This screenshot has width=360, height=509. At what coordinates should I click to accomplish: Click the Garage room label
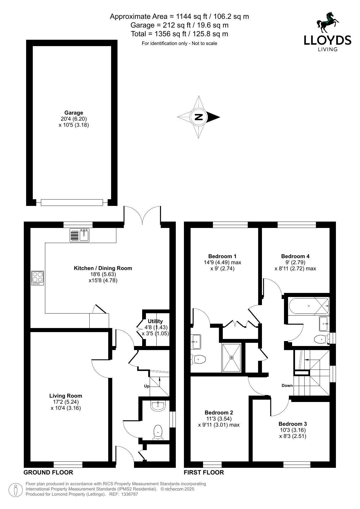point(74,113)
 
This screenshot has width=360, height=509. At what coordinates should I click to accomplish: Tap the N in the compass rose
point(198,117)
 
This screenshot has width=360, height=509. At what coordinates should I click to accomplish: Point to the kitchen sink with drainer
point(80,235)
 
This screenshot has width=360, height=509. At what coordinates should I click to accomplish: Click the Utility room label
point(155,321)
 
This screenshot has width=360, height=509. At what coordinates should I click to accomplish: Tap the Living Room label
point(66,396)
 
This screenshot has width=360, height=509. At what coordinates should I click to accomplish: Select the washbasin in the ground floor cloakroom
point(158,405)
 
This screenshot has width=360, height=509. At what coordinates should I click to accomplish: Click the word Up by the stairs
point(147,386)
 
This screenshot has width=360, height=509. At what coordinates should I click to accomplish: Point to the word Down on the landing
point(287,385)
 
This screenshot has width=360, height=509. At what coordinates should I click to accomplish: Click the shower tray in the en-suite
point(231,357)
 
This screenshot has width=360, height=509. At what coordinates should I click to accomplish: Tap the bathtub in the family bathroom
point(309,306)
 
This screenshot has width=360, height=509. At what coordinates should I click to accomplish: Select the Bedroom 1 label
point(222,256)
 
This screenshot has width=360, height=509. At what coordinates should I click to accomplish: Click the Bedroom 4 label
point(295,256)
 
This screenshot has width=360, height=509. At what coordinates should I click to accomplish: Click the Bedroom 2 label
point(219,412)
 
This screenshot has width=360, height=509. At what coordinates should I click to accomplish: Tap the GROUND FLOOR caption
point(48,472)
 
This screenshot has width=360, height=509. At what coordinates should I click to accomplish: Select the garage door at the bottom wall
point(72,202)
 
